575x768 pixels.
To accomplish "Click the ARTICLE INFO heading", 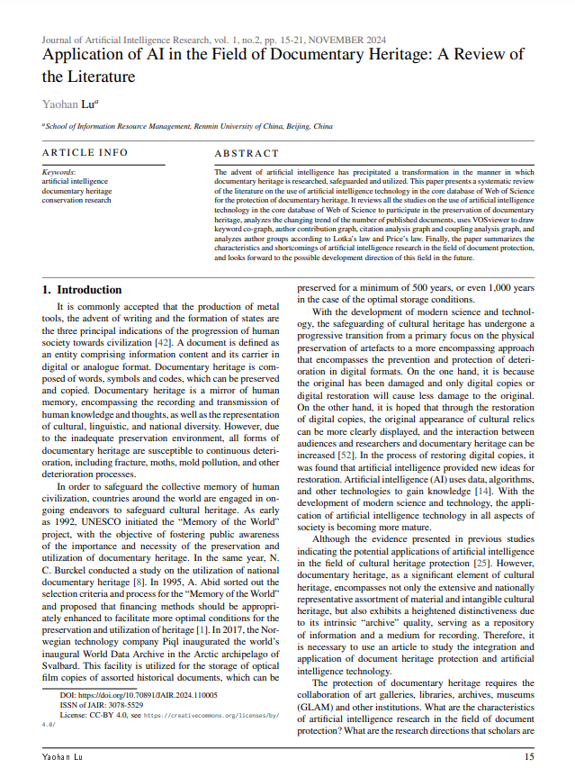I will [x=85, y=153].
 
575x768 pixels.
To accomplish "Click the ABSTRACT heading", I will [x=247, y=154].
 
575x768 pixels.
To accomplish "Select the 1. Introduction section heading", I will [x=83, y=290].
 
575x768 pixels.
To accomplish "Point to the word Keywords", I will [x=59, y=171].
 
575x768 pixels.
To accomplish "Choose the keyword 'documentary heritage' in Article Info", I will [x=77, y=190].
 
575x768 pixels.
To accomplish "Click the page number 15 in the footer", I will [x=528, y=758].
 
